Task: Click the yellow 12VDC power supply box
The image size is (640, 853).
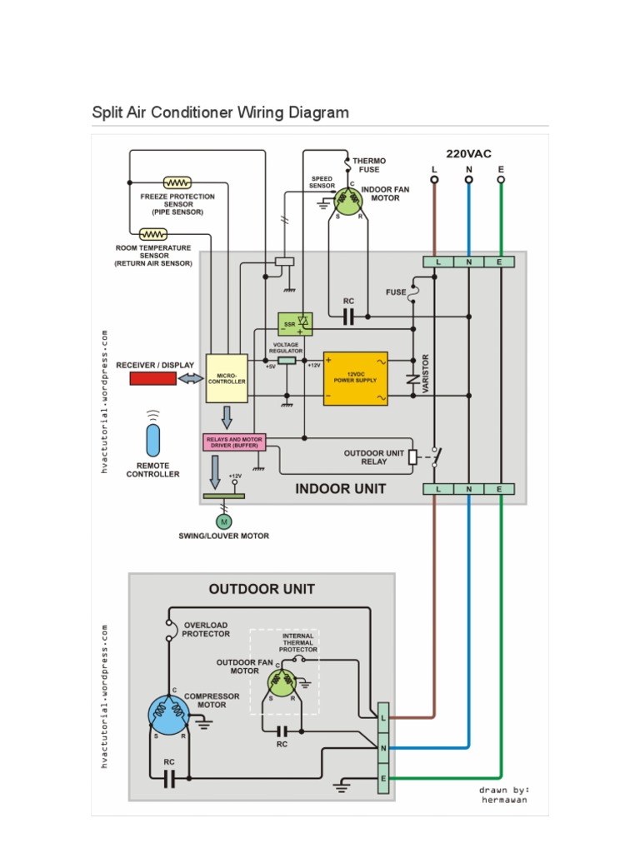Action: [356, 378]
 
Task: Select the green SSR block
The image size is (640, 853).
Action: [294, 323]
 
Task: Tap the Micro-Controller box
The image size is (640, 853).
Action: [227, 377]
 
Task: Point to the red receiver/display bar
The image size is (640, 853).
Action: [152, 378]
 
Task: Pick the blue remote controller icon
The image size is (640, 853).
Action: [152, 440]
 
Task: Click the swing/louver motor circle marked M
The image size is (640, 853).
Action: [223, 521]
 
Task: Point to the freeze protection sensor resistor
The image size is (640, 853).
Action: [177, 182]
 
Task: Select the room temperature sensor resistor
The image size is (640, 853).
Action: [153, 234]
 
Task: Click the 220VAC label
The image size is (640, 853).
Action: [468, 153]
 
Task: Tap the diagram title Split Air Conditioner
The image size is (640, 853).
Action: [220, 112]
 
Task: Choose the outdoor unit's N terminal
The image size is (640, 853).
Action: [383, 748]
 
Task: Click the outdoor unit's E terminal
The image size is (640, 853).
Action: [383, 779]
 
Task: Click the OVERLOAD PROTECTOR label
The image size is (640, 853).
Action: [206, 629]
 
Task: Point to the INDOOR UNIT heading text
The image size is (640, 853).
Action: [340, 489]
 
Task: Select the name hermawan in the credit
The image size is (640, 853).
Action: [504, 800]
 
